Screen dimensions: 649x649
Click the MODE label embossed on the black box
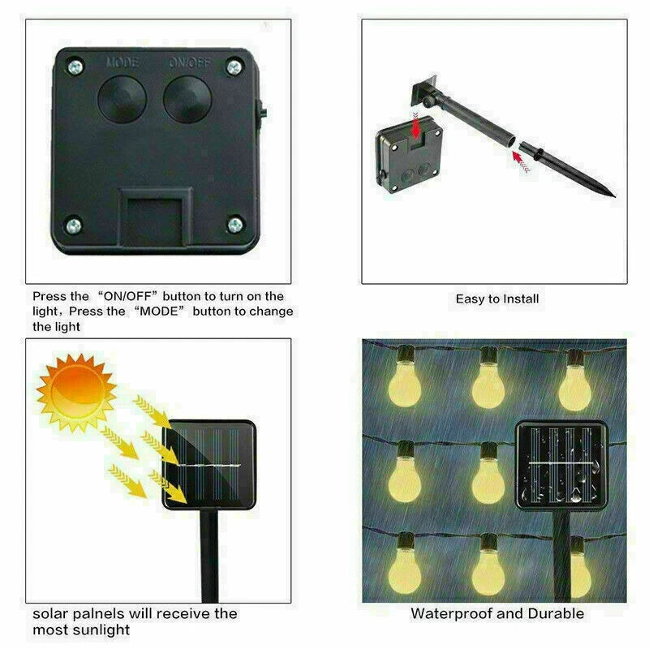(122, 62)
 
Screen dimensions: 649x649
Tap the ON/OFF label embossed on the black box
(190, 63)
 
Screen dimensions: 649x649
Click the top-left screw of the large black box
(75, 67)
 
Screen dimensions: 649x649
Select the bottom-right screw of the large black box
(235, 226)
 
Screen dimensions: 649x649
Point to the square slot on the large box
(156, 218)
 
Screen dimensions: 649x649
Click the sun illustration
(75, 392)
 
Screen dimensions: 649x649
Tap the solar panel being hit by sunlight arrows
(209, 464)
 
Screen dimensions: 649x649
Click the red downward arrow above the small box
(415, 126)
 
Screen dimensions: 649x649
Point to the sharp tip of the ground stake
(614, 196)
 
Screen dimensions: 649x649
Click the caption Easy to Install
(497, 299)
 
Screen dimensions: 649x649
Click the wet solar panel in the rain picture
(561, 466)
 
